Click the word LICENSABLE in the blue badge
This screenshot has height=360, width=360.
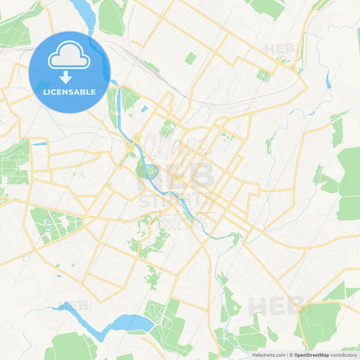(69, 92)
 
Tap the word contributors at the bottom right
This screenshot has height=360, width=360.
(344, 355)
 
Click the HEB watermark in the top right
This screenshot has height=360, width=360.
(279, 49)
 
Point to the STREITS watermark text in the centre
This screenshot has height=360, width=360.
(175, 201)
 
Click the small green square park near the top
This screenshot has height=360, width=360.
(190, 59)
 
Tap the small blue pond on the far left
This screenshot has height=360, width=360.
(39, 143)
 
